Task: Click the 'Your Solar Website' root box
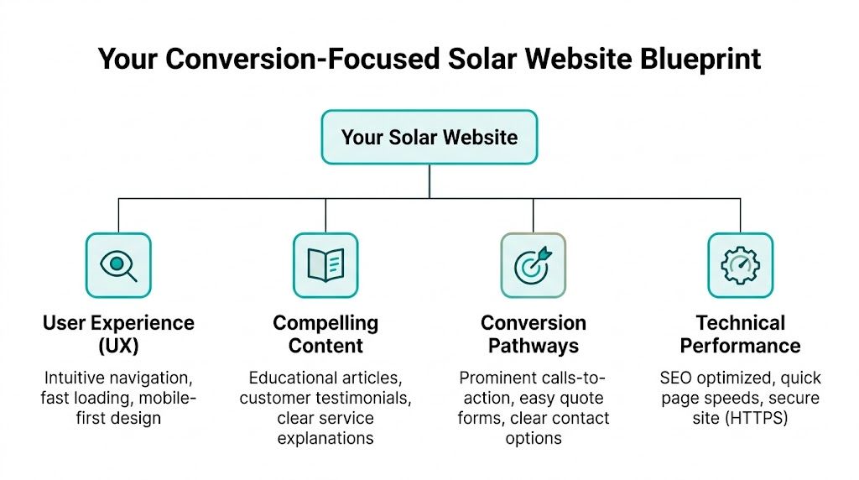[x=429, y=137]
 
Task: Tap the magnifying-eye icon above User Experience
[x=118, y=265]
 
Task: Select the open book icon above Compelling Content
[x=325, y=265]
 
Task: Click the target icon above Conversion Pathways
[x=533, y=265]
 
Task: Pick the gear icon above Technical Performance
[x=740, y=265]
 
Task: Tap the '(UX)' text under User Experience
[x=118, y=345]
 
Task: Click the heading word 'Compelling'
[x=325, y=323]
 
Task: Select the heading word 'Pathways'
[x=534, y=345]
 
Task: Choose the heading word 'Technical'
[x=741, y=323]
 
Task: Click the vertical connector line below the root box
[x=429, y=180]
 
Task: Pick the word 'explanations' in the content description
[x=325, y=437]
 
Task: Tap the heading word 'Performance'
[x=741, y=345]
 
